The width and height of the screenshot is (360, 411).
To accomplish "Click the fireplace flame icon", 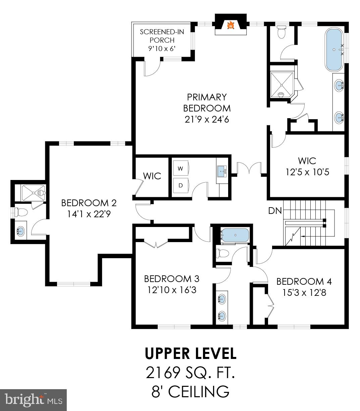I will [x=230, y=25].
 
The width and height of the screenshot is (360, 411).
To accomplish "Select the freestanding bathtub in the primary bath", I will [x=334, y=50].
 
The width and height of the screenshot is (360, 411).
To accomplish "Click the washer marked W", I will [x=181, y=168].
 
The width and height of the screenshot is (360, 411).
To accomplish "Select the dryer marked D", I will [x=181, y=185].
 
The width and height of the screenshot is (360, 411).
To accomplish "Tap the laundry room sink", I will [x=222, y=171].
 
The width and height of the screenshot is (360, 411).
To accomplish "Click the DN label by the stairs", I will [x=274, y=211].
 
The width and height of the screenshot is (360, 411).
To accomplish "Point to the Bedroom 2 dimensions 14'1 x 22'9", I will [x=89, y=214].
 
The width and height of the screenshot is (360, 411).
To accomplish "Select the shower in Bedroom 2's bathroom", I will [x=33, y=192].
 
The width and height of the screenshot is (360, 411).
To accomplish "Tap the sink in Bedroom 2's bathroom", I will [x=20, y=231].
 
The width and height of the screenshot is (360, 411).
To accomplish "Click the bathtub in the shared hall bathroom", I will [x=235, y=235].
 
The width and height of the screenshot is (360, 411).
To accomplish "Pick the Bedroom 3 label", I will [x=171, y=279].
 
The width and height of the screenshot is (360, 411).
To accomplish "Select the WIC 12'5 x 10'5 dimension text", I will [x=307, y=172].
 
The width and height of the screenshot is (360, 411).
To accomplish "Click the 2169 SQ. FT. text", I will [x=190, y=373].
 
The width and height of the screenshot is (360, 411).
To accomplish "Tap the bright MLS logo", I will [x=34, y=400].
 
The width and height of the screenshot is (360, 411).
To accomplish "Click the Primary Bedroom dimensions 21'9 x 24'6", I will [x=207, y=119].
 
